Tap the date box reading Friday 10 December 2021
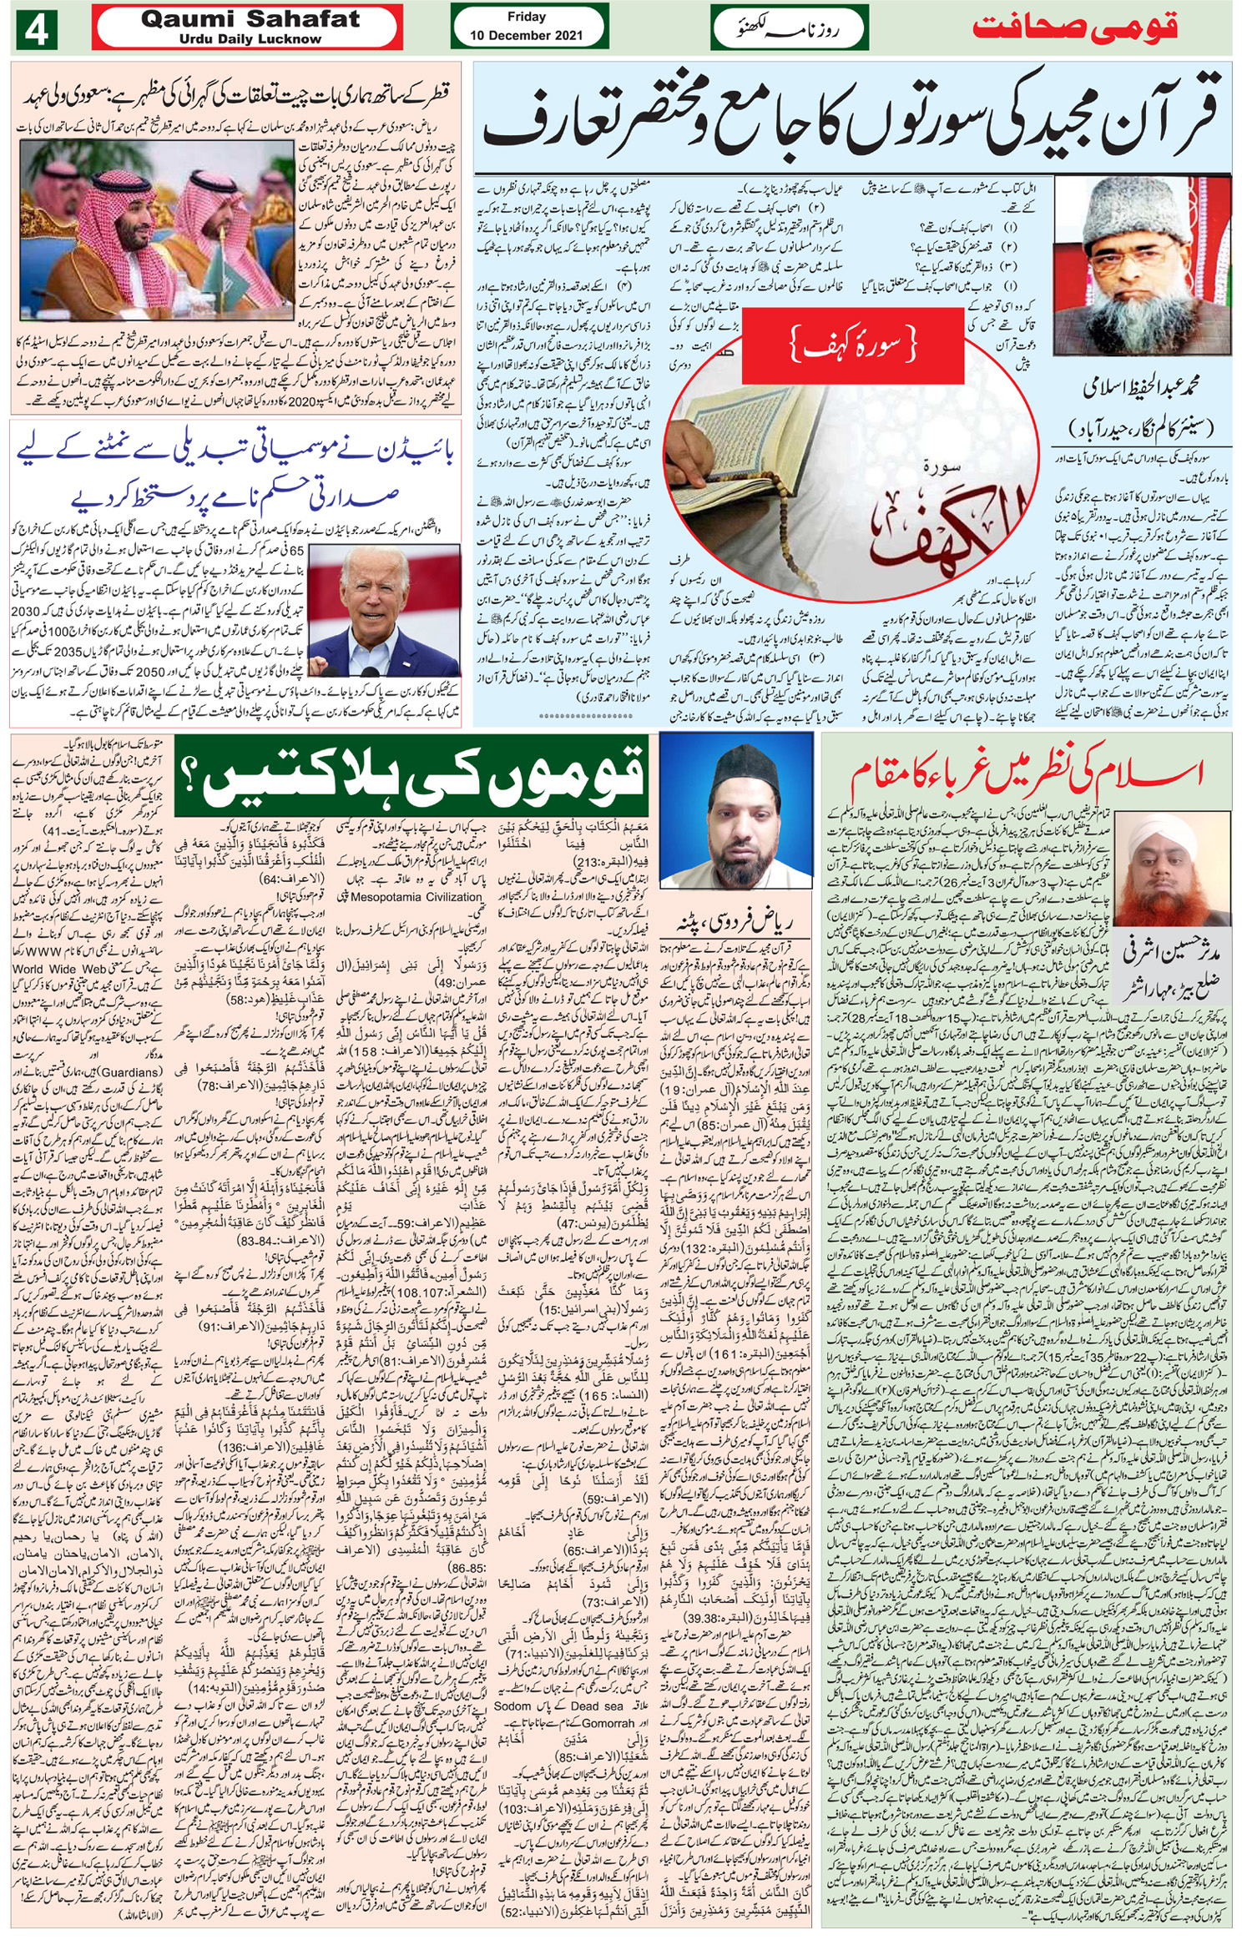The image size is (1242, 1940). click(x=527, y=26)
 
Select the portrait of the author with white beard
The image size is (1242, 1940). click(x=1141, y=266)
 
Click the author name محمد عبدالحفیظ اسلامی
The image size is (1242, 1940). click(x=1140, y=387)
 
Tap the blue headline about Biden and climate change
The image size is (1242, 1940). click(x=235, y=476)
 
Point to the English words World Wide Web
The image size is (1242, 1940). click(x=59, y=970)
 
